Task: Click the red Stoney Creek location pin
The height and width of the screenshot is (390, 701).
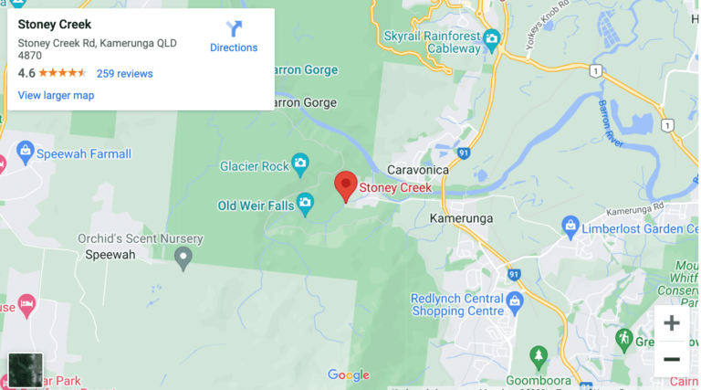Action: pos(345,184)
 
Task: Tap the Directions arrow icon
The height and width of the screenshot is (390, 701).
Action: pos(234,28)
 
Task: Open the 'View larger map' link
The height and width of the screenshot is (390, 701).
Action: pos(56,95)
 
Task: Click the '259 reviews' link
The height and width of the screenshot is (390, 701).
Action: pos(124,73)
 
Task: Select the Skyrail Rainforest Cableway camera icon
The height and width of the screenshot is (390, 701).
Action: pos(492,37)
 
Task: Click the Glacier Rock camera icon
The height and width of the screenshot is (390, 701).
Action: pos(300,165)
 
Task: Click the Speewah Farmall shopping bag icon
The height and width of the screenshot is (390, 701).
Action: pos(25,152)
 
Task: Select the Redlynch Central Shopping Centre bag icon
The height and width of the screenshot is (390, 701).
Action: pos(514,300)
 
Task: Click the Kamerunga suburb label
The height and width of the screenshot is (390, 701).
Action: pos(461,218)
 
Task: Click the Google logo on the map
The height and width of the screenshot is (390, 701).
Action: pos(349,374)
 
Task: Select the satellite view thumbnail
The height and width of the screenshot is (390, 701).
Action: pos(25,370)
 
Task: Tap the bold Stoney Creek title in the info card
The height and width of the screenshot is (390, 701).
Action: pos(55,25)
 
